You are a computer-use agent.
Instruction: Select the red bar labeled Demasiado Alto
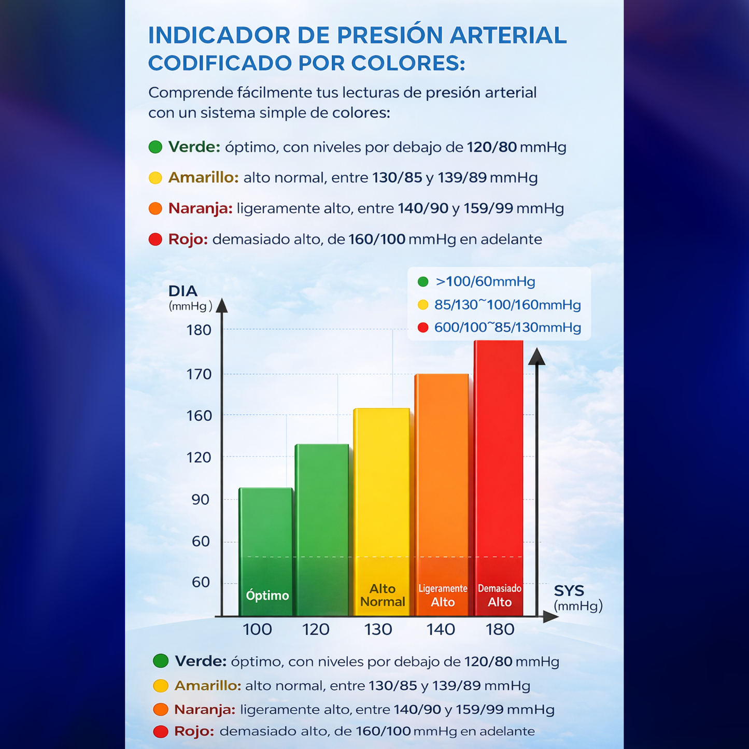[499, 477]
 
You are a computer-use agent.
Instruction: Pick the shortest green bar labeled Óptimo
[266, 549]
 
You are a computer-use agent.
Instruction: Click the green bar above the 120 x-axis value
[322, 529]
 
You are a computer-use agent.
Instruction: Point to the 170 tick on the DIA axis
[199, 374]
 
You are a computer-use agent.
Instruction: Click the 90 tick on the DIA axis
[201, 500]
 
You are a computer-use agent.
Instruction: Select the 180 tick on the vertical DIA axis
[199, 330]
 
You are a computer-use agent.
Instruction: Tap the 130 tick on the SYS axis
[378, 630]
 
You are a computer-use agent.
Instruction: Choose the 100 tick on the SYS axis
[257, 630]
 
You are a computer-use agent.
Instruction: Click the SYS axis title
[569, 591]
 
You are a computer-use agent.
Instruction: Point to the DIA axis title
[183, 291]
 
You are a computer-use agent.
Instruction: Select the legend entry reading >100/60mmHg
[485, 282]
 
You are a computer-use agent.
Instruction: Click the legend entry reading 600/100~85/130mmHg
[507, 328]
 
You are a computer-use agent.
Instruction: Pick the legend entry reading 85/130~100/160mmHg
[507, 305]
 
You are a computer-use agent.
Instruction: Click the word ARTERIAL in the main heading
[508, 36]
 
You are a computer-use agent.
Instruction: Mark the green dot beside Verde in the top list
[156, 147]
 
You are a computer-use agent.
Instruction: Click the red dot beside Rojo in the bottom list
[161, 731]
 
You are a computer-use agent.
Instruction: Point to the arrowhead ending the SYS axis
[550, 617]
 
